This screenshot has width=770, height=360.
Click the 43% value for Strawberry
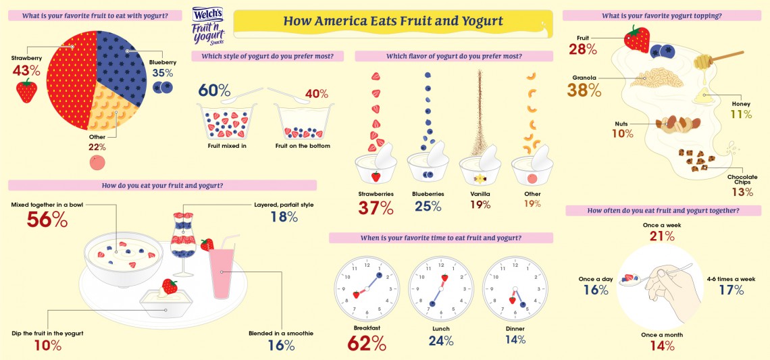point(26,70)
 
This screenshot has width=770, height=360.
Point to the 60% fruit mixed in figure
point(214,91)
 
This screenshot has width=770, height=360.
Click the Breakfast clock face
point(364,288)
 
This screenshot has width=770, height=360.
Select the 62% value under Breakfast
point(366,343)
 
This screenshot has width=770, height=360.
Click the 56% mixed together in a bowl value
point(47,220)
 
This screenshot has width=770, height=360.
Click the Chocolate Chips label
point(742,180)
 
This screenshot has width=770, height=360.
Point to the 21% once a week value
point(662,236)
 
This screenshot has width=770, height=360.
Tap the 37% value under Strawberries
point(377,207)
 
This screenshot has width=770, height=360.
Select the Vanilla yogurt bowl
point(481,168)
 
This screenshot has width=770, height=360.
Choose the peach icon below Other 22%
point(98,162)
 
